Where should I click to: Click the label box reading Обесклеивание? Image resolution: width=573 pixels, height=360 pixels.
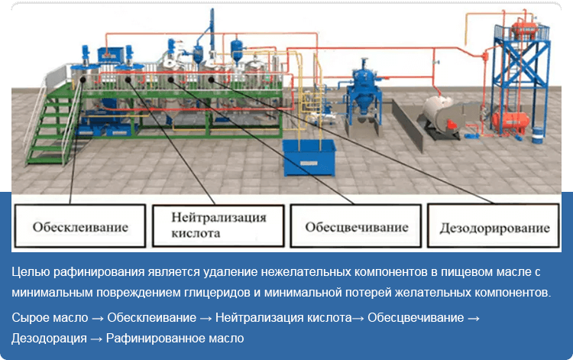click(80, 226)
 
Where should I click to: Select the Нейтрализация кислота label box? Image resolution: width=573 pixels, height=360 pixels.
click(219, 226)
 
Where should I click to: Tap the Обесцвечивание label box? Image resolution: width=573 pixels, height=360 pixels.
click(356, 226)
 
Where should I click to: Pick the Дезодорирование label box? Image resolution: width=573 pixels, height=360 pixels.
click(494, 226)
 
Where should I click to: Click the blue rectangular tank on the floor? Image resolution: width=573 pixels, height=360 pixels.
click(309, 157)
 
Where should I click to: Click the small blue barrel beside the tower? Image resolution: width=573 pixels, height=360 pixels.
click(537, 135)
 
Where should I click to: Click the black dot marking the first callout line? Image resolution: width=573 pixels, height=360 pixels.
click(83, 79)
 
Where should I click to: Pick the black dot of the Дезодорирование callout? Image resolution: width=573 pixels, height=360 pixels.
click(211, 79)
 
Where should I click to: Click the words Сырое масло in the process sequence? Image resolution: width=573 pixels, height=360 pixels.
click(50, 318)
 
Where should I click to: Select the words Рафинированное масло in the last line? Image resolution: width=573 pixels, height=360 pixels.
click(175, 338)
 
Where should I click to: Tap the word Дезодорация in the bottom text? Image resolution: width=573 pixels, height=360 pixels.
click(49, 339)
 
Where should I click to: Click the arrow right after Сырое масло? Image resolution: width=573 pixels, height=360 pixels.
click(98, 318)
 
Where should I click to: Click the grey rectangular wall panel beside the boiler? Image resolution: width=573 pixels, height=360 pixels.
click(407, 125)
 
